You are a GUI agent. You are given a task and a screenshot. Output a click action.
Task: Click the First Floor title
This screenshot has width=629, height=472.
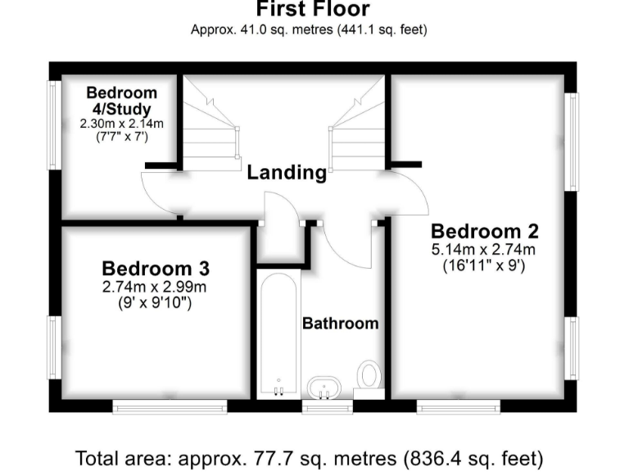[313, 10]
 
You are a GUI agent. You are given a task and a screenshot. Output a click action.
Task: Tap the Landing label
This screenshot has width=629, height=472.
[287, 172]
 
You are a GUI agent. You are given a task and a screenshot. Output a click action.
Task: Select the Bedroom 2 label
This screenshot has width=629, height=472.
[484, 231]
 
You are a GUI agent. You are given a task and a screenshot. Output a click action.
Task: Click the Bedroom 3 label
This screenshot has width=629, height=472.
[156, 268]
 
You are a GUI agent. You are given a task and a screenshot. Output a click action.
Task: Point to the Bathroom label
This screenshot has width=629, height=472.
[341, 323]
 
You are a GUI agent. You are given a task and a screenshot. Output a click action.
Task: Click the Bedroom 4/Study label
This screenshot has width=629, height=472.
[122, 101]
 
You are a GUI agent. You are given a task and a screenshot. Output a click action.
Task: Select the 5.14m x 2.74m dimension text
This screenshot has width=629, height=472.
[484, 250]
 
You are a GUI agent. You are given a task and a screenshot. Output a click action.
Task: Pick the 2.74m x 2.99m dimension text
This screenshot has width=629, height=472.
[156, 287]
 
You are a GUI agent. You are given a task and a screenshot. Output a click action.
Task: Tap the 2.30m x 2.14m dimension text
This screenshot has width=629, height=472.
[122, 124]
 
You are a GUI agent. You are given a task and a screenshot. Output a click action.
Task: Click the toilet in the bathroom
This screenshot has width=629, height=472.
[369, 375]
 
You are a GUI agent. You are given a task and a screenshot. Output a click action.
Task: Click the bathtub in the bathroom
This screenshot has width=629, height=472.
[278, 336]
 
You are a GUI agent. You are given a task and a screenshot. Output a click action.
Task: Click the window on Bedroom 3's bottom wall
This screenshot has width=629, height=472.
[170, 405]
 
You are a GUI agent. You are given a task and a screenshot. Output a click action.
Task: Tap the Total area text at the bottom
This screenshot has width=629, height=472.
[309, 456]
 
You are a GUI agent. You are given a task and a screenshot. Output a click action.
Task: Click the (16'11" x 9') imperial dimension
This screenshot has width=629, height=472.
[484, 265]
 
